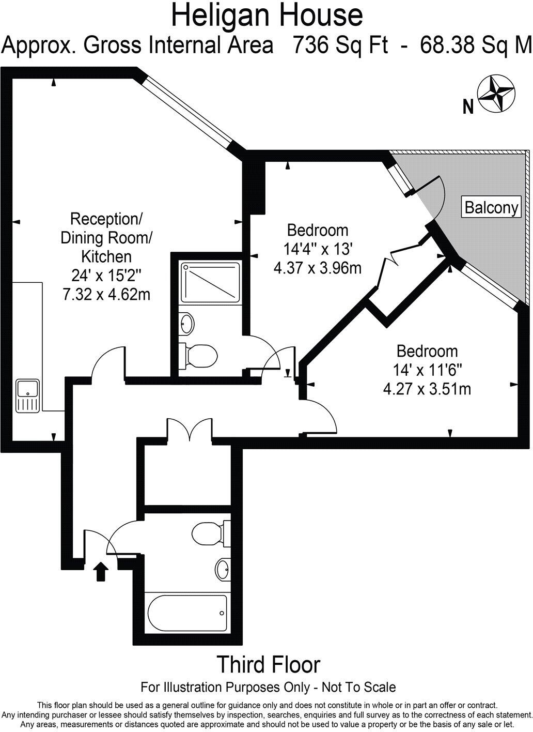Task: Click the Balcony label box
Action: coord(491,207)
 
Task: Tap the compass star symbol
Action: coord(495,94)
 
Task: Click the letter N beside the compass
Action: coord(468,107)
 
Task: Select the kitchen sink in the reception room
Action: coord(28,395)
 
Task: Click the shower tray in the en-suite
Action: coord(210,282)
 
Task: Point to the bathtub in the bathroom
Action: coord(187,613)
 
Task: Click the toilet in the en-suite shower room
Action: coord(198,356)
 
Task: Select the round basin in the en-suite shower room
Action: coord(187,324)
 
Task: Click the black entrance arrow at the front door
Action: coord(101,572)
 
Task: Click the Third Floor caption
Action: coord(268,664)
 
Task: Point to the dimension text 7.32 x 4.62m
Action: coord(106,294)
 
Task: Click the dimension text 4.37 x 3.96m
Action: coord(318,268)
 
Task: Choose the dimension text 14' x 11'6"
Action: coord(427,370)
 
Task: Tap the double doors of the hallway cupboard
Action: coord(189,431)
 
